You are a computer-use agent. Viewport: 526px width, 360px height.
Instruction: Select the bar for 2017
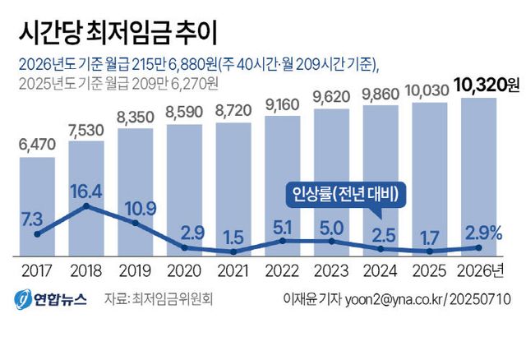click(x=37, y=205)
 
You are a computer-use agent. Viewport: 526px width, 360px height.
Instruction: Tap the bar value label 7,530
click(x=85, y=130)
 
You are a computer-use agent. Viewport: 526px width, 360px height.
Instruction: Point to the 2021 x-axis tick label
click(x=233, y=270)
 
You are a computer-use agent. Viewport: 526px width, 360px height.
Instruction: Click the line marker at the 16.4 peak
click(x=85, y=205)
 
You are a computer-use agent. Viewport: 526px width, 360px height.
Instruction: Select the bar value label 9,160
click(x=282, y=105)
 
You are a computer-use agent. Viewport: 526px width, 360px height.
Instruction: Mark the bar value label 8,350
click(x=135, y=117)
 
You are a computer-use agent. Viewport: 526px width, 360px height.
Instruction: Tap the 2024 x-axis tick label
click(x=380, y=270)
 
